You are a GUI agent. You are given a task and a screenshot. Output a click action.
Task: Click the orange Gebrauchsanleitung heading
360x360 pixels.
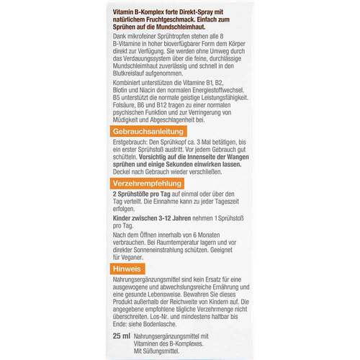pyautogui.click(x=152, y=132)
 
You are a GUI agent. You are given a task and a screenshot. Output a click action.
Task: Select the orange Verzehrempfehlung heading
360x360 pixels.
pyautogui.click(x=150, y=184)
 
